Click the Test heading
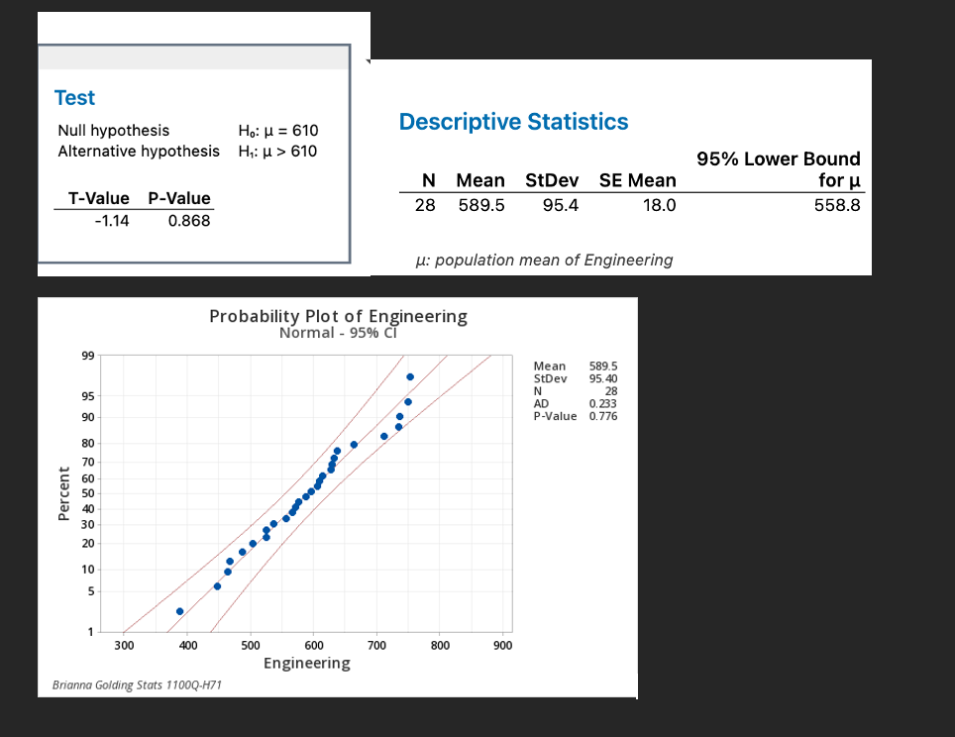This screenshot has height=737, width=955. click(x=75, y=97)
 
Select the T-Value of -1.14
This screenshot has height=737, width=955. click(x=111, y=221)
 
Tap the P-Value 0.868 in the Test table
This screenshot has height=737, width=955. click(x=189, y=221)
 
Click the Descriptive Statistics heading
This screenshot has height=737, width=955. click(x=513, y=122)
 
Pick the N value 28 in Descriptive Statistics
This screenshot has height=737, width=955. click(x=424, y=205)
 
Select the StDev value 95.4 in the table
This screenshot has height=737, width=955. click(x=562, y=205)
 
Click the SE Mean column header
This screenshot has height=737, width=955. click(x=638, y=180)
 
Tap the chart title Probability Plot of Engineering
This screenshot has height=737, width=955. click(x=338, y=316)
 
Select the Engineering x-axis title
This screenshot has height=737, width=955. click(x=306, y=663)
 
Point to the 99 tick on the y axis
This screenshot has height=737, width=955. click(x=88, y=356)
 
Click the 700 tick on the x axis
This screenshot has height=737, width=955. click(x=376, y=645)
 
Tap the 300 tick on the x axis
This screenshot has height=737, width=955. click(x=124, y=645)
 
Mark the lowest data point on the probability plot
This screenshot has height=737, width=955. click(x=179, y=612)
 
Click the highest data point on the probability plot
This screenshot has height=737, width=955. click(x=410, y=377)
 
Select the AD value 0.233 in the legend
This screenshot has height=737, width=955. click(x=601, y=404)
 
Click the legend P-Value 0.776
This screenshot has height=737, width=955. click(x=602, y=416)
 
